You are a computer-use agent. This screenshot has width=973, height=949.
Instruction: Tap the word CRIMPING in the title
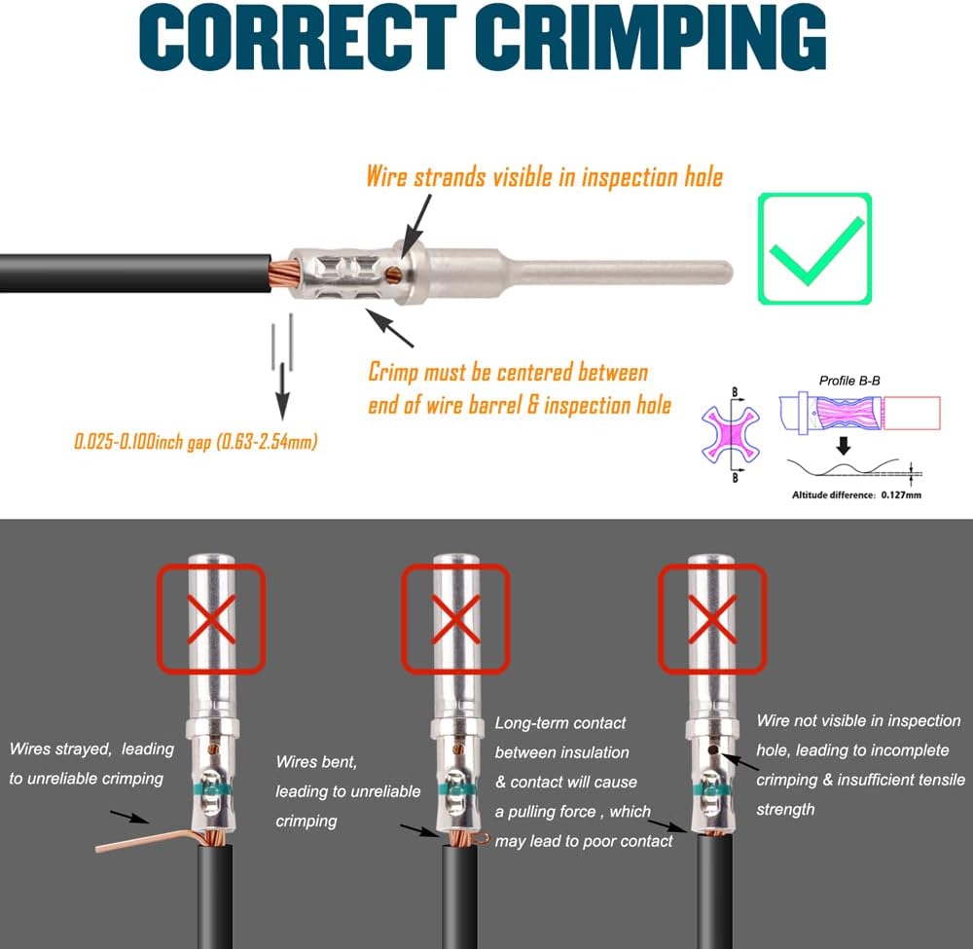point(650,38)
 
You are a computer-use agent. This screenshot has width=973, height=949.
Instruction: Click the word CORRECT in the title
point(298,38)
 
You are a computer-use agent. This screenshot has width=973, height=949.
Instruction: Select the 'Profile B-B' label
point(848,381)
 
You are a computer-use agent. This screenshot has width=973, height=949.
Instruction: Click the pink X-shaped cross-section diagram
point(731,435)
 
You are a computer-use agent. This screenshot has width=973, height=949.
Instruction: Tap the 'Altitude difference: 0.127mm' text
point(856,494)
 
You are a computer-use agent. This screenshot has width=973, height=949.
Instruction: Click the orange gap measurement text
point(196,441)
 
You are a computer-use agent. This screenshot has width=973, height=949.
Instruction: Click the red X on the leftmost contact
point(211,619)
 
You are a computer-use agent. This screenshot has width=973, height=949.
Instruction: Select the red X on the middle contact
point(455,619)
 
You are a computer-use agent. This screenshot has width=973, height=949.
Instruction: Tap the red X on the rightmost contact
point(712,619)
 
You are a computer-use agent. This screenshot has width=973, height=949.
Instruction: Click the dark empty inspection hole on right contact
point(713,749)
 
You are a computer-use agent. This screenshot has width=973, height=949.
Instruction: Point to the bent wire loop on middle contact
point(479,839)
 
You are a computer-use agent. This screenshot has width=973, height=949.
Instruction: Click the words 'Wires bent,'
point(316,762)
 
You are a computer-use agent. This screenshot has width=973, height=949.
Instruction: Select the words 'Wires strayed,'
point(60,749)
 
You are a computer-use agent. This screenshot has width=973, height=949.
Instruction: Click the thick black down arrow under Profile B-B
point(844,446)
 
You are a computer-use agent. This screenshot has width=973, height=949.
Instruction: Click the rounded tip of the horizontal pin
point(726,272)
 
